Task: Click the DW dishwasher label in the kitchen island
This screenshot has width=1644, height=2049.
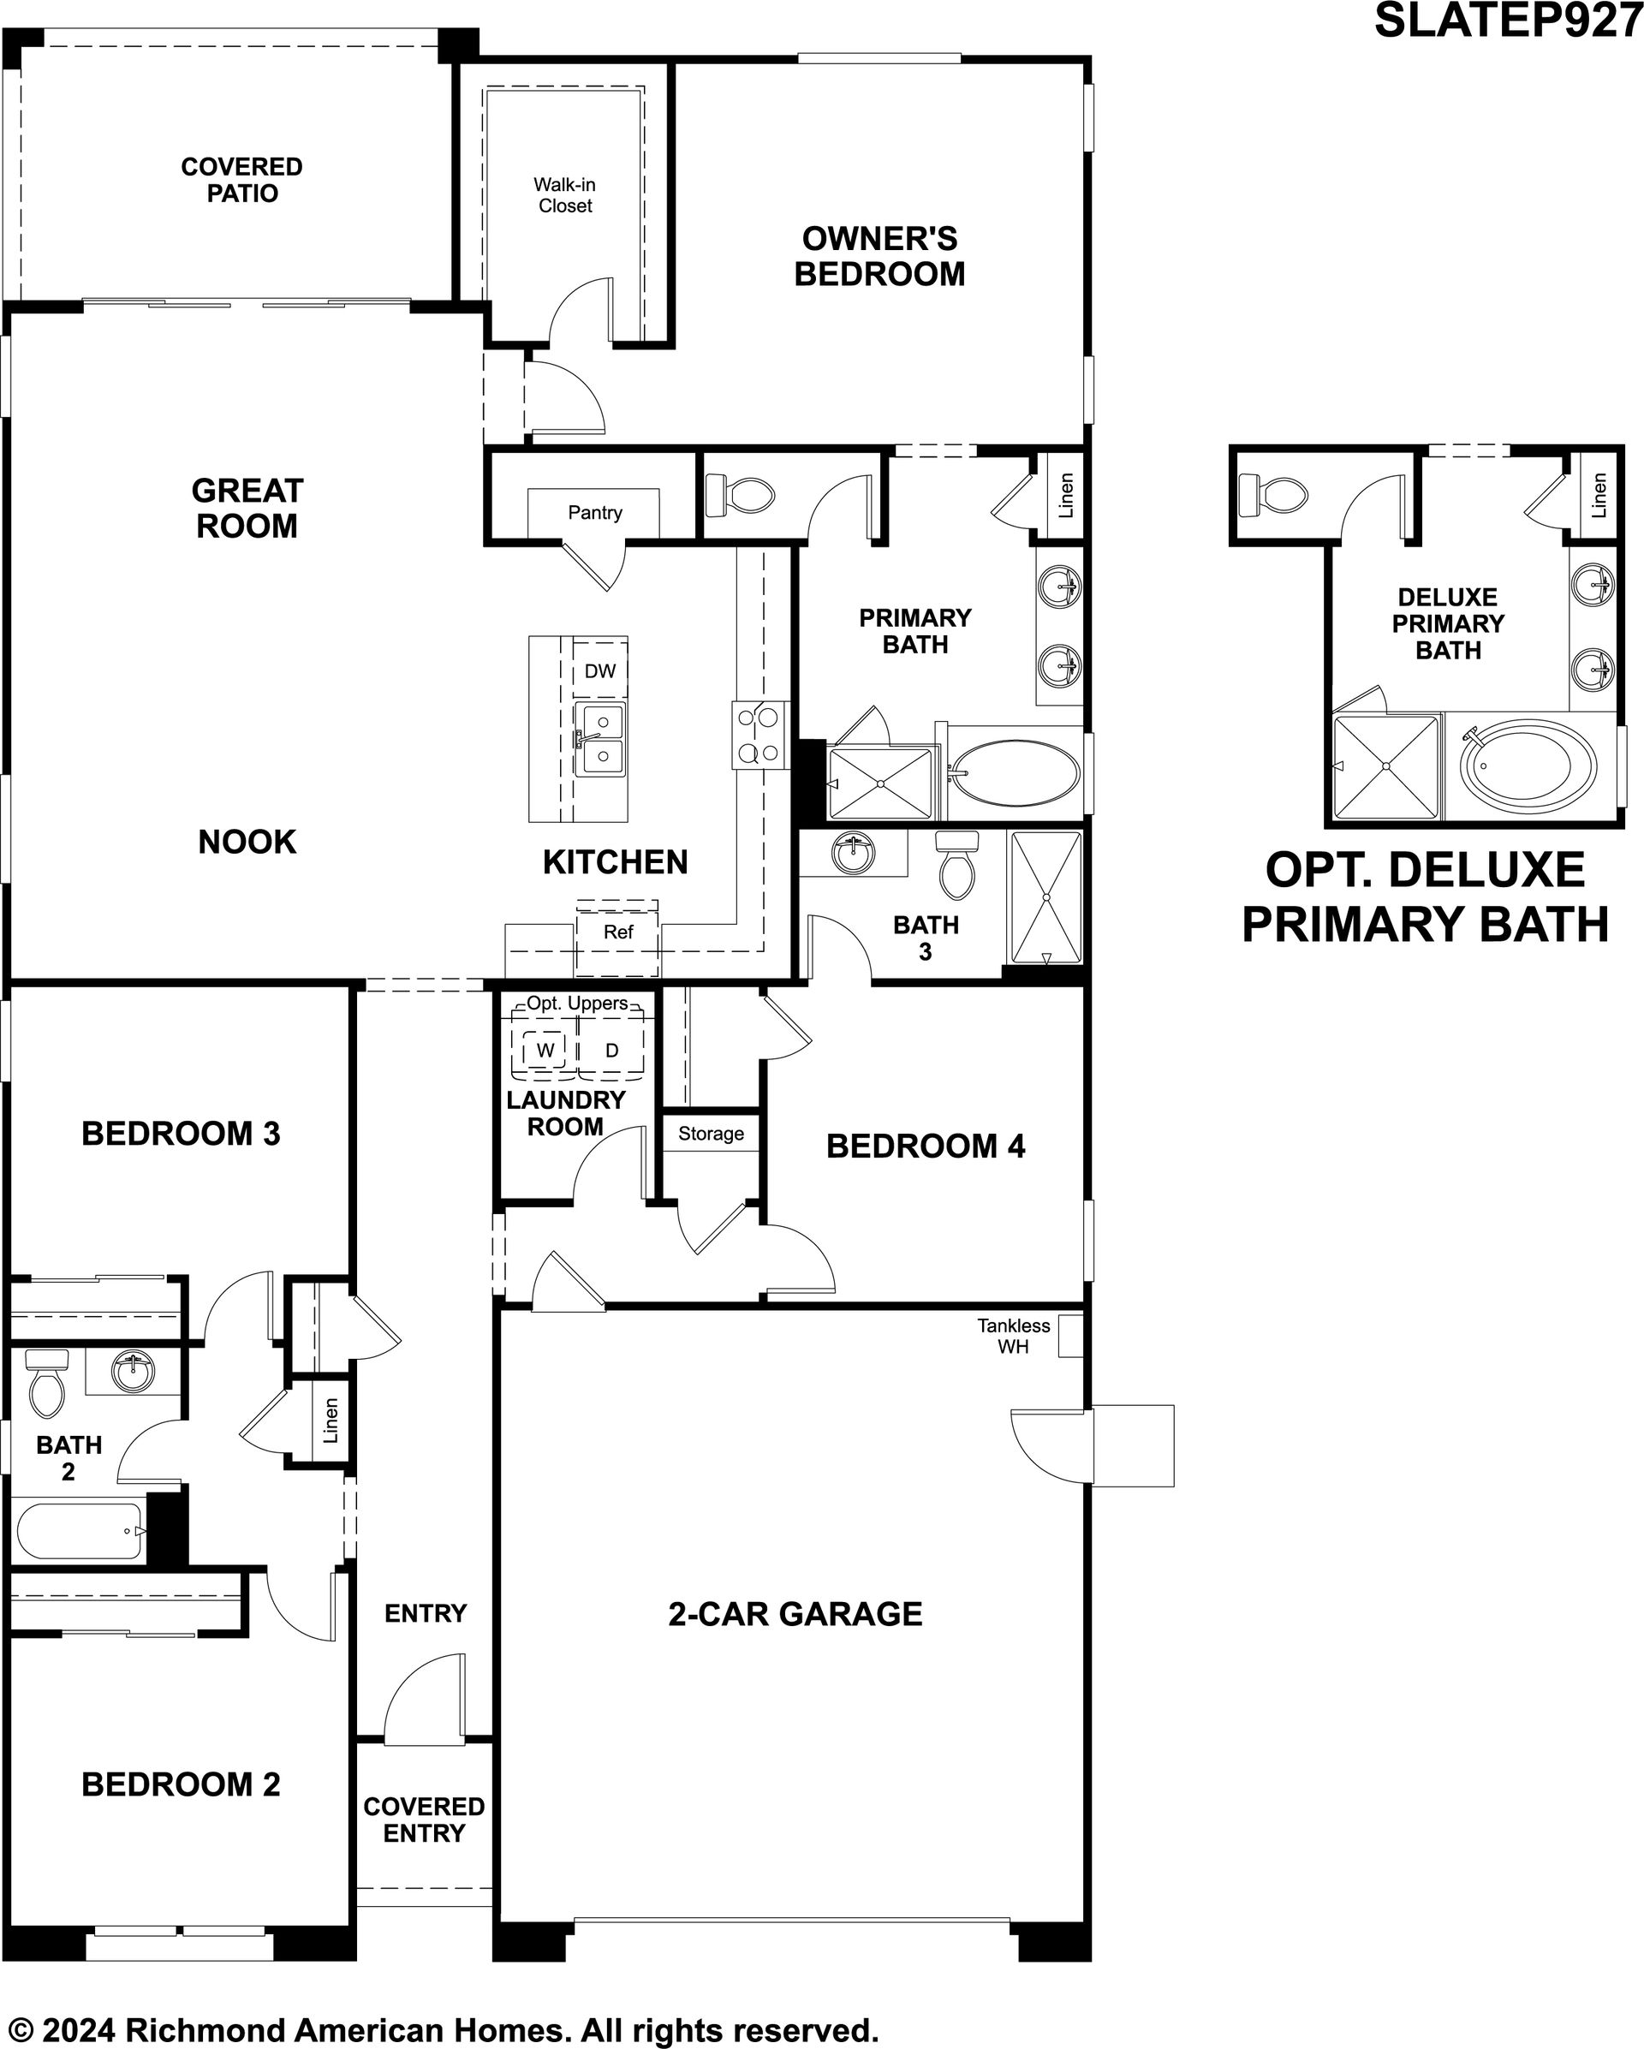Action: click(599, 671)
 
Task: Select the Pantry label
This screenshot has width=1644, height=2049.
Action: click(595, 512)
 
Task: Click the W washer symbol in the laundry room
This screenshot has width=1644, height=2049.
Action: click(545, 1050)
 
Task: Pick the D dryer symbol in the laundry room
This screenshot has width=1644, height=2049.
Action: click(611, 1050)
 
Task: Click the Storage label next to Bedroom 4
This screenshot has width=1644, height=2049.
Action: click(711, 1134)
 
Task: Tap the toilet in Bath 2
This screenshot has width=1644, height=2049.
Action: click(45, 1382)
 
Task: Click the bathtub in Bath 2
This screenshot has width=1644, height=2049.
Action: click(80, 1530)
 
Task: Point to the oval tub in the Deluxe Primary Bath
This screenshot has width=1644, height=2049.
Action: click(1529, 765)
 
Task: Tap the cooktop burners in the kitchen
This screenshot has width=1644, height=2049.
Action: click(759, 735)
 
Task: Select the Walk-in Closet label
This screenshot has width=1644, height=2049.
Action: click(564, 195)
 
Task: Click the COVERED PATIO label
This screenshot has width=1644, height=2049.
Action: click(242, 180)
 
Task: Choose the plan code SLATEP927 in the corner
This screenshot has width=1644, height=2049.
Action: click(1508, 20)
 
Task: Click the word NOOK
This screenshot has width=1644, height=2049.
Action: click(247, 841)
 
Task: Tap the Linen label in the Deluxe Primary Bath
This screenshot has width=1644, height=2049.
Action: click(1599, 495)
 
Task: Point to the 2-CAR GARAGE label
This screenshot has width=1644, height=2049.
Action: click(795, 1614)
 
